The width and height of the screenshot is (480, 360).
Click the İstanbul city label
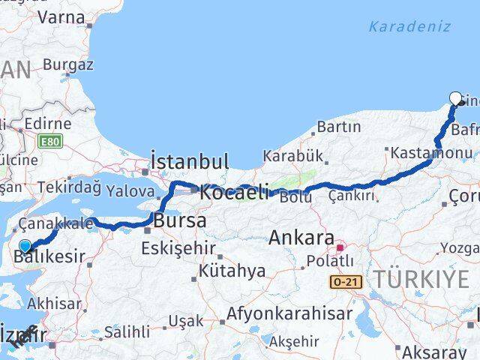pos(189,160)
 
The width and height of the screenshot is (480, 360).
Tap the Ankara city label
pos(301,238)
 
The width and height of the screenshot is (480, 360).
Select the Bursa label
pos(180,221)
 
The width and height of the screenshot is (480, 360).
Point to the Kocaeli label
pos(234,193)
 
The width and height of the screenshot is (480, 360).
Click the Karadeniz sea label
pos(409,27)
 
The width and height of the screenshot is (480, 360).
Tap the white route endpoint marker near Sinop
pos(455,97)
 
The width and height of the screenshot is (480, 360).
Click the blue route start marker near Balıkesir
pos(25,246)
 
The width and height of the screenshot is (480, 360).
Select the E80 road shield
pos(50,140)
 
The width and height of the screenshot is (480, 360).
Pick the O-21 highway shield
pos(346,280)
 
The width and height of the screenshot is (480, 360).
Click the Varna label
pos(61,16)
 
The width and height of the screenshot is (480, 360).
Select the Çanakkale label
pos(55,223)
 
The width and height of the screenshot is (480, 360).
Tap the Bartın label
pos(339,127)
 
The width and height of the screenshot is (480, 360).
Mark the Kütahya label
pos(232,271)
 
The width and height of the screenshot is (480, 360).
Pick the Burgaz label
pos(68,64)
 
